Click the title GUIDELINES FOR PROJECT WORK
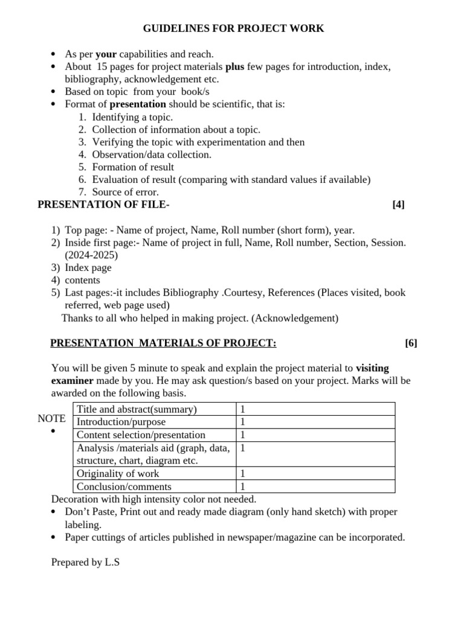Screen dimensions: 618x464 [233, 28]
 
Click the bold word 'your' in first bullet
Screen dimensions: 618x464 [106, 54]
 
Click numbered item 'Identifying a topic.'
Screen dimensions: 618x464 [132, 117]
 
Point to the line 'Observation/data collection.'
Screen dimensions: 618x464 [152, 154]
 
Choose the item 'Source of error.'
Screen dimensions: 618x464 [125, 192]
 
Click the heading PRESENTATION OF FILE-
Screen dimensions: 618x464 [103, 205]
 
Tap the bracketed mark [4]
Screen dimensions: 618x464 [398, 205]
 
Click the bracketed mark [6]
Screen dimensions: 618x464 [411, 343]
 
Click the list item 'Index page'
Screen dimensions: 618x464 [88, 267]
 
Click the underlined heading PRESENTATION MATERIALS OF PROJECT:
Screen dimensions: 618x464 [163, 343]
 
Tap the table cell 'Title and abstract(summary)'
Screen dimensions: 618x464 [137, 409]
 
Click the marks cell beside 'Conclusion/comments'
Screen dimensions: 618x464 [243, 486]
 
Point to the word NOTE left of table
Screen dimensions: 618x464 [51, 418]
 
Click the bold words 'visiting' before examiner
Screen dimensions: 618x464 [372, 368]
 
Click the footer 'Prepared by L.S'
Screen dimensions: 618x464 [86, 562]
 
